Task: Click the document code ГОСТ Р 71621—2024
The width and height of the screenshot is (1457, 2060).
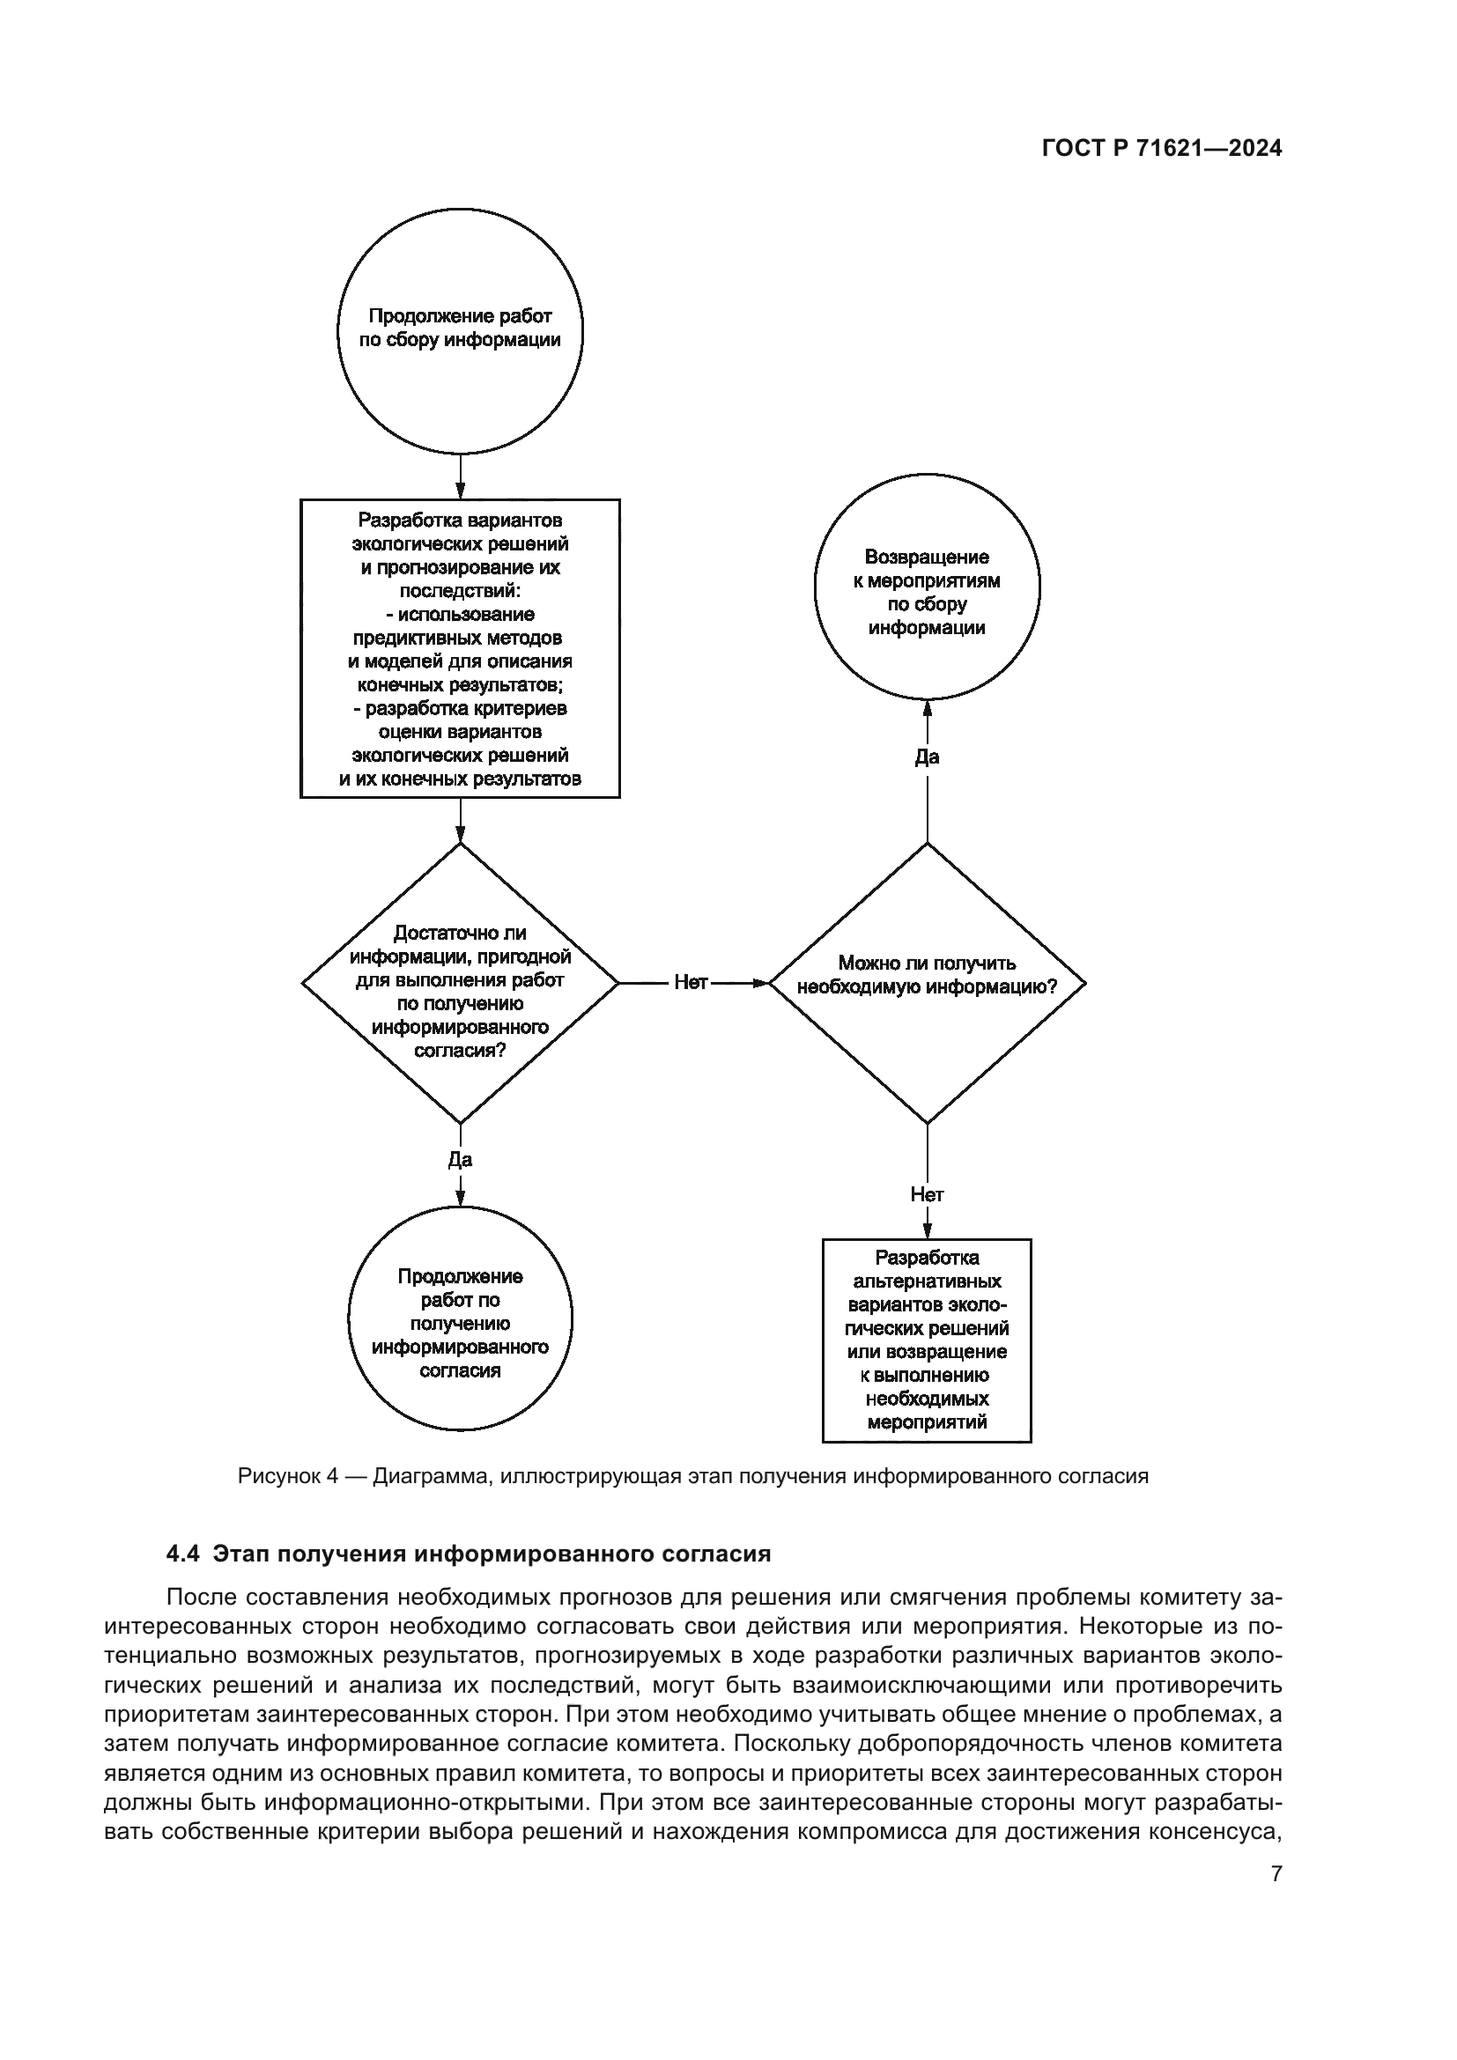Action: [x=1162, y=149]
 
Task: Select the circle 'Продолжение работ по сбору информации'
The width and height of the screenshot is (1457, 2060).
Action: [x=459, y=330]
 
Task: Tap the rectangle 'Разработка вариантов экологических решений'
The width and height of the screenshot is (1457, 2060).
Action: [x=459, y=648]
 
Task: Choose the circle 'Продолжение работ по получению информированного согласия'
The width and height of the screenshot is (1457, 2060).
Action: [x=459, y=1323]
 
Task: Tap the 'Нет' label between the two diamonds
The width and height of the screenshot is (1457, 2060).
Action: [x=691, y=983]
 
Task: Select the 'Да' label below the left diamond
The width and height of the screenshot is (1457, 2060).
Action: [x=459, y=1159]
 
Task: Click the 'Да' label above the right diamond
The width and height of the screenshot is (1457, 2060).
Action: [x=927, y=757]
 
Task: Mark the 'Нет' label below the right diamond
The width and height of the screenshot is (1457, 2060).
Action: [x=927, y=1194]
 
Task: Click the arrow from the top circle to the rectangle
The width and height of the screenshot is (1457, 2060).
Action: [x=459, y=476]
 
